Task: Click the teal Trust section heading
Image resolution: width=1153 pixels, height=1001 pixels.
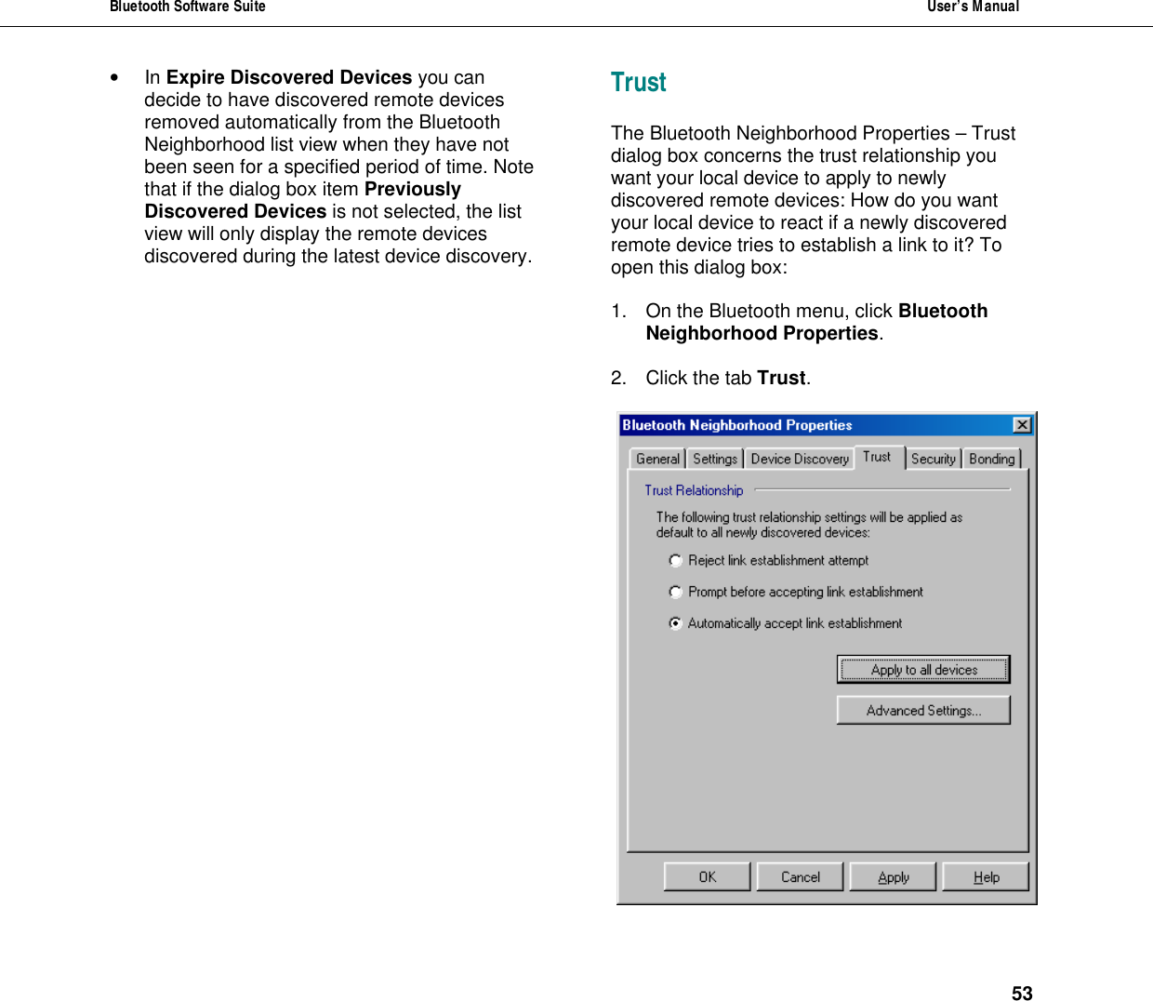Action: [638, 83]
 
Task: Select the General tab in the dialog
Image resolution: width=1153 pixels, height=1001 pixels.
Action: [657, 459]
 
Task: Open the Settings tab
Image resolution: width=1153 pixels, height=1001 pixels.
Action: [714, 459]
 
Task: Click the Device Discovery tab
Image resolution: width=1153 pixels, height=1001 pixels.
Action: [800, 459]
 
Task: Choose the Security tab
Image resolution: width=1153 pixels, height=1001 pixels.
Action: [933, 459]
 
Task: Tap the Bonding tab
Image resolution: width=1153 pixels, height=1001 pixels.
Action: [991, 459]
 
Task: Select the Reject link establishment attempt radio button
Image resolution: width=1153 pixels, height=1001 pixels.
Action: [676, 560]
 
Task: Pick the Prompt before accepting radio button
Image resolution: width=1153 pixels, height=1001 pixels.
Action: [676, 592]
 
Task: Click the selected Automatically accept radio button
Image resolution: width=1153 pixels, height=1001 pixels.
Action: [676, 623]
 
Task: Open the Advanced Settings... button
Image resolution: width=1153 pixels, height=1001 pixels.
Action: [923, 710]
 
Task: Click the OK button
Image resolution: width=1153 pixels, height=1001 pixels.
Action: [707, 876]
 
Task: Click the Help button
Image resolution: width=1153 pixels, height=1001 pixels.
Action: [986, 876]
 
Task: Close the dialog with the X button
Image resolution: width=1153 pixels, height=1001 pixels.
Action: [1022, 425]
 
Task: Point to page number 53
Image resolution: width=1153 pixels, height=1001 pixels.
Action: [1022, 994]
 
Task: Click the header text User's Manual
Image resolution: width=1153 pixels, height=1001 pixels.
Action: [973, 7]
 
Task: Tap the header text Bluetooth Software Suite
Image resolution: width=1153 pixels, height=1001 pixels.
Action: [188, 7]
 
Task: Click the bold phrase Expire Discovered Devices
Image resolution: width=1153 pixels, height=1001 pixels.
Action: [288, 77]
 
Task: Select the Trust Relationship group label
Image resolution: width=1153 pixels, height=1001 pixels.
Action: [694, 490]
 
